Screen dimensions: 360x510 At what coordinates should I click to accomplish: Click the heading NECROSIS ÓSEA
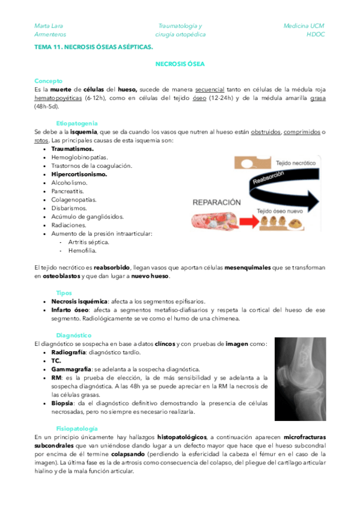tap(180, 63)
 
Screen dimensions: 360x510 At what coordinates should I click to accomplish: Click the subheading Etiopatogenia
tap(77, 123)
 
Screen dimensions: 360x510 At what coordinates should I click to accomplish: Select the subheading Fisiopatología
tap(77, 428)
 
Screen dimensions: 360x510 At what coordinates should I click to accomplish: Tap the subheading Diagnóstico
tap(74, 334)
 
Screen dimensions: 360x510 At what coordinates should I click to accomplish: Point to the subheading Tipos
tap(64, 292)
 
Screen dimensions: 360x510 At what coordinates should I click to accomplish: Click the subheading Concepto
tap(49, 81)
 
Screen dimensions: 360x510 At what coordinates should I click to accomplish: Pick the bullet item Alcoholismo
tap(70, 182)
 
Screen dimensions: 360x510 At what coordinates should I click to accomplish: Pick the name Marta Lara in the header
tap(49, 26)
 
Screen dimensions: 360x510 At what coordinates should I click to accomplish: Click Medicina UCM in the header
tap(304, 26)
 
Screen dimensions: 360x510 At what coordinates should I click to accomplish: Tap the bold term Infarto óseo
tap(72, 310)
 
